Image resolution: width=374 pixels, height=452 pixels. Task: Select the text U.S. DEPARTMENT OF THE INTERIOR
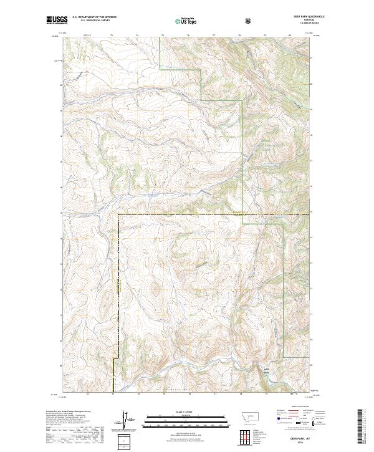94,17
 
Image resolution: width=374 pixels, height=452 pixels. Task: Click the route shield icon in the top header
248,20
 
